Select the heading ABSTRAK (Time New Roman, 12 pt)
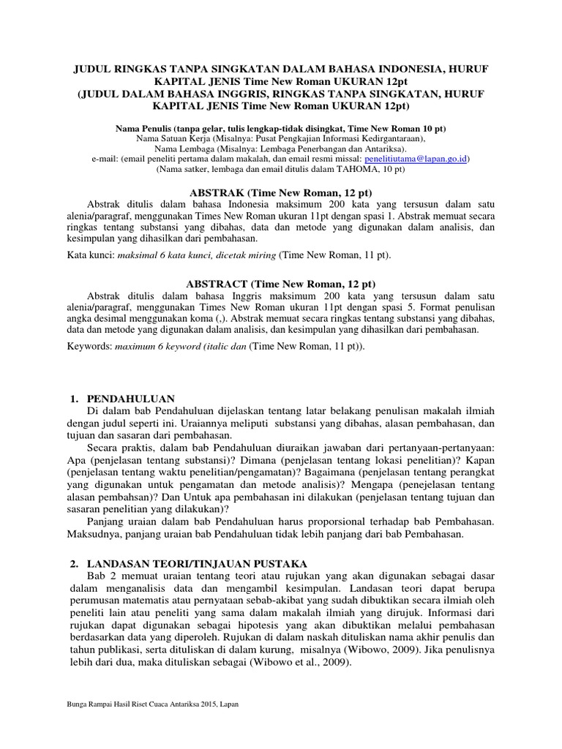pos(281,191)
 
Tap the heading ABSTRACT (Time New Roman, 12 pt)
pos(281,283)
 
